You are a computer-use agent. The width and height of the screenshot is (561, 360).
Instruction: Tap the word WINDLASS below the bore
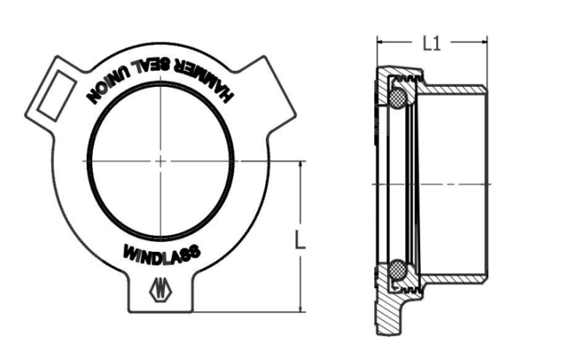click(x=161, y=253)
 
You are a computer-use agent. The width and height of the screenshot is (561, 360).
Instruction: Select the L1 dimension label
click(x=432, y=43)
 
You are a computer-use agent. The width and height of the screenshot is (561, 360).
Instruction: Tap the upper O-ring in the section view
click(x=399, y=96)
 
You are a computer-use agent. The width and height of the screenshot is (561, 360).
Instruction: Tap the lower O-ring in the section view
click(x=399, y=269)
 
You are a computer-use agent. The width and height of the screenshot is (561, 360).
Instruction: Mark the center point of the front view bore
click(x=161, y=160)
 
